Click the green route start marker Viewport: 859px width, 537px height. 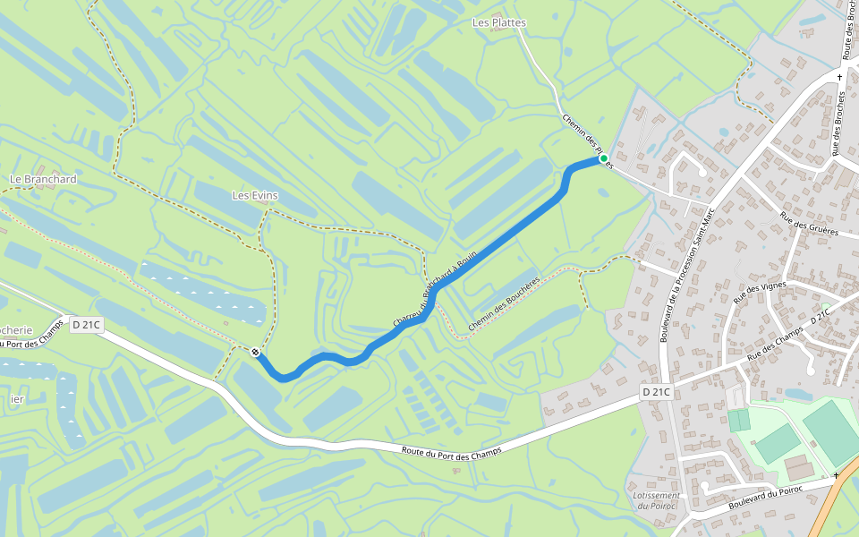(x=603, y=158)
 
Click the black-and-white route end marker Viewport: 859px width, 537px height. (x=256, y=353)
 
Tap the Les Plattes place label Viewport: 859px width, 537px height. (x=498, y=22)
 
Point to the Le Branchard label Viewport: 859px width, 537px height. (x=43, y=179)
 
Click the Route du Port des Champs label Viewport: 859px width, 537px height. (x=452, y=454)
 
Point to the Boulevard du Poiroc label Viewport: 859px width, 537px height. (x=767, y=498)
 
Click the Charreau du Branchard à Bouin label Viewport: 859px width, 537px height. (x=436, y=288)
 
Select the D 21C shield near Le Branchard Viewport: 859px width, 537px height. (x=87, y=324)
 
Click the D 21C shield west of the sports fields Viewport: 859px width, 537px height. (x=656, y=392)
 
